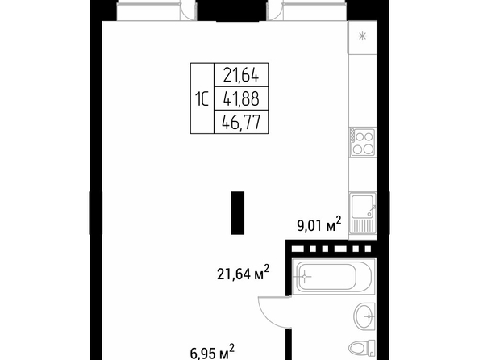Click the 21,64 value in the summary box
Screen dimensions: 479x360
point(241,75)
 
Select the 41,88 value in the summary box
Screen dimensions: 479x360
point(241,98)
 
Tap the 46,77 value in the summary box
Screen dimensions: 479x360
point(241,123)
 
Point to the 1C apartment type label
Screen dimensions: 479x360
point(202,99)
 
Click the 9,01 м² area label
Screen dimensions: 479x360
point(319,224)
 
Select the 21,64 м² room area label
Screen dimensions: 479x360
point(244,273)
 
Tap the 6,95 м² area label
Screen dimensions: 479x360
point(213,352)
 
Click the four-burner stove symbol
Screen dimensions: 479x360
point(363,142)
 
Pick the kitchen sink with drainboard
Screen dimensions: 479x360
point(363,214)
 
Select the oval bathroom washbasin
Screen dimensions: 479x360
point(364,316)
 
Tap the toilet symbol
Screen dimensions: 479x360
point(362,348)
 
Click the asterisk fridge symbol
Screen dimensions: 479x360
point(363,36)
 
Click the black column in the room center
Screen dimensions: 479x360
point(237,213)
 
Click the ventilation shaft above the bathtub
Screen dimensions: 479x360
point(331,249)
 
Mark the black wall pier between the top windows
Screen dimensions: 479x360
point(231,10)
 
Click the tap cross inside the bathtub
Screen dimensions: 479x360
point(305,277)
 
